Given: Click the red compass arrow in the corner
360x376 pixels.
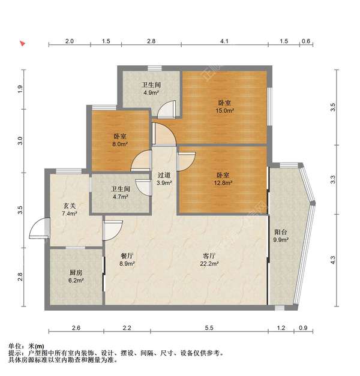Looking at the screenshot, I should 22,44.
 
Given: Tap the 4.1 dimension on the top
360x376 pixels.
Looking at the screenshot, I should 224,41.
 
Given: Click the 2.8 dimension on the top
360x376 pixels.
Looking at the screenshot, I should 151,41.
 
